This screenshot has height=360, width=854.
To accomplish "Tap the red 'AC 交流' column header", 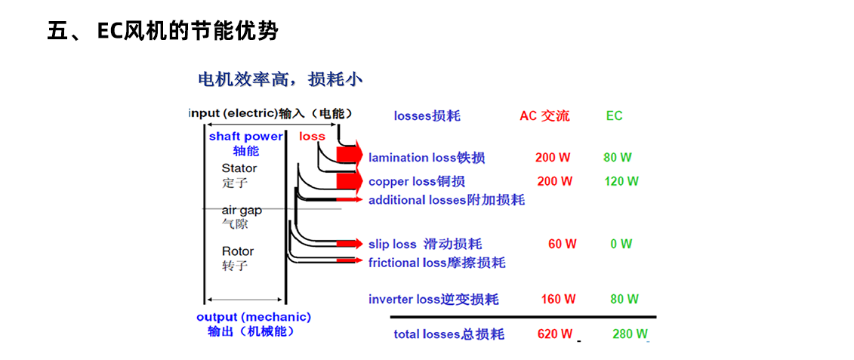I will pyautogui.click(x=544, y=115).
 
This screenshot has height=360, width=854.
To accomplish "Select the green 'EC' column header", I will pyautogui.click(x=614, y=115).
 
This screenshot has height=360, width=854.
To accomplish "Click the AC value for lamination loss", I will pyautogui.click(x=553, y=158).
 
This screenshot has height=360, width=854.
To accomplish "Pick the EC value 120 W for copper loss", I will pyautogui.click(x=621, y=181).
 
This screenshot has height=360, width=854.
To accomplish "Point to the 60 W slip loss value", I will pyautogui.click(x=563, y=244).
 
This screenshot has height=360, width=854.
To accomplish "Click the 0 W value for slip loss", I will pyautogui.click(x=621, y=244).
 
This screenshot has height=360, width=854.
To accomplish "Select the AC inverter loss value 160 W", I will pyautogui.click(x=558, y=299).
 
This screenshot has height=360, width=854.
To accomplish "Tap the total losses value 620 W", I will pyautogui.click(x=555, y=334).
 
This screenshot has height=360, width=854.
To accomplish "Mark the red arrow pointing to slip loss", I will pyautogui.click(x=349, y=244).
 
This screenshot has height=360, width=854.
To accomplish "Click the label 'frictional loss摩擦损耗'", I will pyautogui.click(x=436, y=263).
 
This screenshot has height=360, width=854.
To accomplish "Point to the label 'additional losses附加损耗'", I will pyautogui.click(x=446, y=200).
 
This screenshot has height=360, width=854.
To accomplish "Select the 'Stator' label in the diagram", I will pyautogui.click(x=239, y=168).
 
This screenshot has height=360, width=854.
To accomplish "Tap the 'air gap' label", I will pyautogui.click(x=242, y=210).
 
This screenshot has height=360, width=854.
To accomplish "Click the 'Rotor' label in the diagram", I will pyautogui.click(x=238, y=251).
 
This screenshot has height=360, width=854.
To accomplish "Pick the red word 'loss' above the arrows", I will pyautogui.click(x=312, y=137).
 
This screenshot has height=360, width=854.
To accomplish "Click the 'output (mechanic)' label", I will pyautogui.click(x=254, y=317).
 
